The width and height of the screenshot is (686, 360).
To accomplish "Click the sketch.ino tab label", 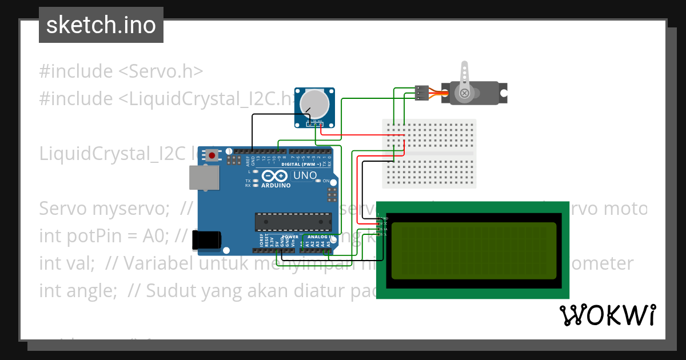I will (x=101, y=25).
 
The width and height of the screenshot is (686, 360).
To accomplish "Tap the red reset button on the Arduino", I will (x=213, y=155).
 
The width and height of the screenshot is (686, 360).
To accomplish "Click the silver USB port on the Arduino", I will (x=204, y=178).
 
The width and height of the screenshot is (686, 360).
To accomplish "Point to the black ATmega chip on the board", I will (x=293, y=220).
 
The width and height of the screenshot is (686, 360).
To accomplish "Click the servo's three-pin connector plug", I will (x=421, y=93).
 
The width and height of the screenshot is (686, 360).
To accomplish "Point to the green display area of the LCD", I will (x=474, y=250).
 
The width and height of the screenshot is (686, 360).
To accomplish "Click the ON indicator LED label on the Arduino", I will (x=326, y=181).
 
